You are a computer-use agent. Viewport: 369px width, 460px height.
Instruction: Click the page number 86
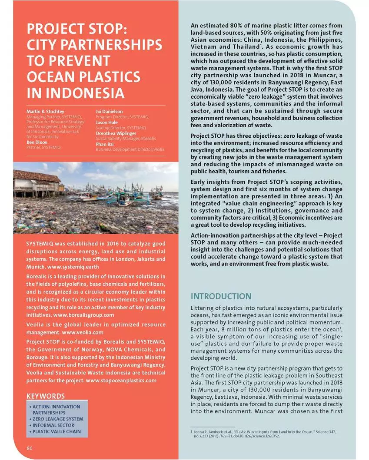click(x=30, y=448)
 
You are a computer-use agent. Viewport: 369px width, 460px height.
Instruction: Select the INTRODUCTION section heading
click(x=221, y=296)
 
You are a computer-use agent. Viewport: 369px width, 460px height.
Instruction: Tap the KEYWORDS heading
click(x=46, y=396)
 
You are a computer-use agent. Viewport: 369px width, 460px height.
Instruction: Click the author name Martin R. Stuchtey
click(x=46, y=112)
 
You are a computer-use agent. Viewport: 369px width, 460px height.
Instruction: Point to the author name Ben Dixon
click(x=37, y=142)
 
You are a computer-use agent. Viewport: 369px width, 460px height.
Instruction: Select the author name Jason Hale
click(x=107, y=122)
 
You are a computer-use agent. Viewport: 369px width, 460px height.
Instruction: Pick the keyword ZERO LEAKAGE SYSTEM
click(x=58, y=419)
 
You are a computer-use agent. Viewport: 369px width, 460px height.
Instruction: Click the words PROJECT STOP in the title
click(x=76, y=30)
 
